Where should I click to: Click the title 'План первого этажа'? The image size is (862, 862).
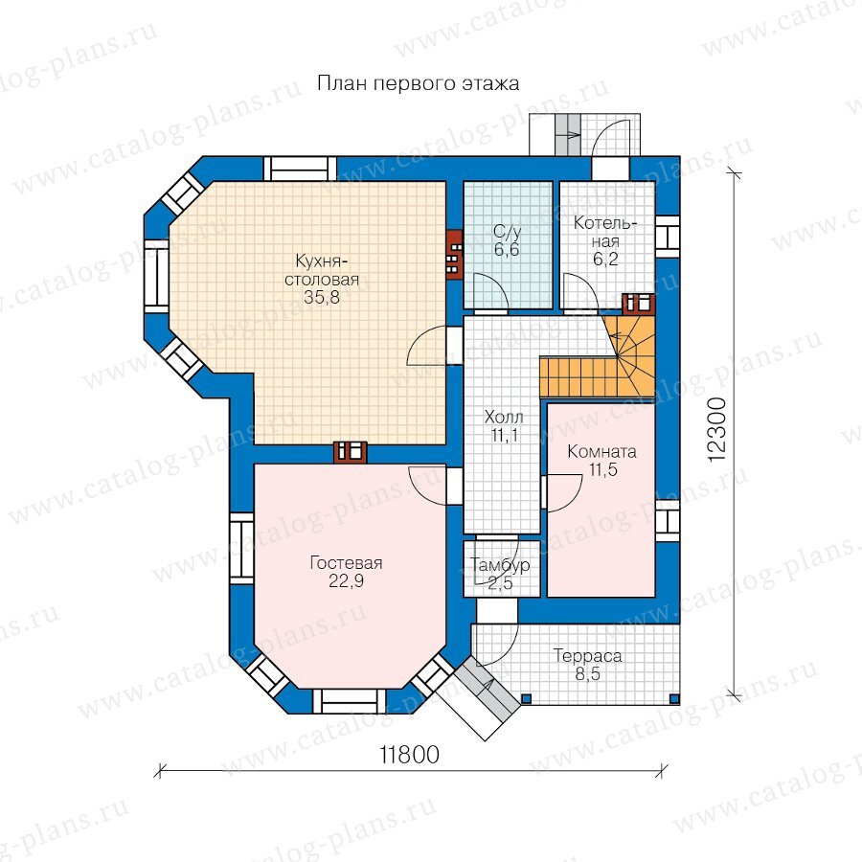pos(419,83)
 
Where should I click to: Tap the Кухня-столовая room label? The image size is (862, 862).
pos(322,269)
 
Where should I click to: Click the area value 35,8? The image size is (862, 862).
pos(322,298)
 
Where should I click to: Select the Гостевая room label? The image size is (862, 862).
pos(346,563)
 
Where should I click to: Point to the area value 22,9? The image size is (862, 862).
pos(346,581)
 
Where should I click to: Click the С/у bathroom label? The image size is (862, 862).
pos(507,232)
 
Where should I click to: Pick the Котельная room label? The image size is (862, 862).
pos(604,232)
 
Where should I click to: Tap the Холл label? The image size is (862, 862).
pos(504,417)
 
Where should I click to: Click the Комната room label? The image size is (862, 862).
pos(602,452)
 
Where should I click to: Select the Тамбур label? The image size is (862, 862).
pos(500,564)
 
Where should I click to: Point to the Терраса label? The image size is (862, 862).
pos(588,656)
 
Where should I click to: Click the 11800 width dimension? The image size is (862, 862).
pos(410,755)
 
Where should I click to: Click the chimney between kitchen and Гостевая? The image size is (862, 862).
pos(351,452)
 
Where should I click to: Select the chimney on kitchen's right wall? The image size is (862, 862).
pos(455,254)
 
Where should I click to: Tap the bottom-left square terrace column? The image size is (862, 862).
pos(526,699)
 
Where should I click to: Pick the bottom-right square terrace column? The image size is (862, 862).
pos(674,699)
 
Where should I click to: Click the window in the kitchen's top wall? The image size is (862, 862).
pos(300,169)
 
